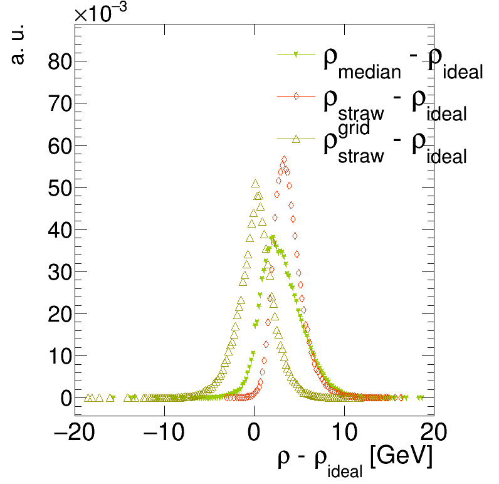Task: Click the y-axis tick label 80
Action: tap(58, 61)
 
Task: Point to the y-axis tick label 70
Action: tap(58, 103)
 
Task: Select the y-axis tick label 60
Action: tap(58, 145)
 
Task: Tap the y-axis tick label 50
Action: tap(58, 187)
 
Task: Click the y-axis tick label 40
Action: tap(58, 229)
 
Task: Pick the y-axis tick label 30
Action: tap(58, 271)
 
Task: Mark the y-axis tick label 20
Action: tap(58, 313)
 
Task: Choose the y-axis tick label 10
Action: tap(58, 355)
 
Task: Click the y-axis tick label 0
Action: tap(66, 397)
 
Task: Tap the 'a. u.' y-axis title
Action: tap(19, 47)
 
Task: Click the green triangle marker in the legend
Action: tap(296, 55)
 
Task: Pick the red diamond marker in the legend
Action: tap(296, 96)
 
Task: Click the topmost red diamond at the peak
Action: tap(284, 160)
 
